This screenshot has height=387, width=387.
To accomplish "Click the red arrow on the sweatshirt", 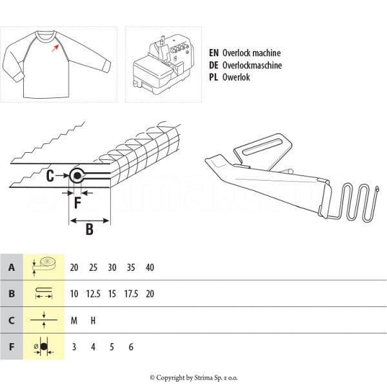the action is click(55, 48).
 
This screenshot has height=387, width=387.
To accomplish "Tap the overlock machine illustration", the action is click(163, 64).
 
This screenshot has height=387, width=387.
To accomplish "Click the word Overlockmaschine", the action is click(252, 65).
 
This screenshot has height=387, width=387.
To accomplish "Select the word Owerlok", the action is click(236, 77).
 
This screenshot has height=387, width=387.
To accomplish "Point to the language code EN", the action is click(213, 53).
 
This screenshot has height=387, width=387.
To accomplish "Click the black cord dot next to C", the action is click(77, 175).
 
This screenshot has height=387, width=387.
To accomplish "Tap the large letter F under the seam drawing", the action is click(77, 203).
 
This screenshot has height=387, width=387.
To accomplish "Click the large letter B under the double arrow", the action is click(90, 229).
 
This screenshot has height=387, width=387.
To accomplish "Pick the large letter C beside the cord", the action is click(50, 176).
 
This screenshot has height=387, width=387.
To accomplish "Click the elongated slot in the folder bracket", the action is click(262, 146).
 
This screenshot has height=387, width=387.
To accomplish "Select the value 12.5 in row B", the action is click(93, 294).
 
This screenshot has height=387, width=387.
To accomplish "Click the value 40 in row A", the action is click(150, 268).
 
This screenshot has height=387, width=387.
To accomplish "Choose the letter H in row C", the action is click(93, 321).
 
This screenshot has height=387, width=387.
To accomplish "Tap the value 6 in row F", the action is click(131, 347).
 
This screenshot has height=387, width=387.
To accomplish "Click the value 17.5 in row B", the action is click(131, 294).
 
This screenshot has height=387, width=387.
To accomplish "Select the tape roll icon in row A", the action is click(44, 266).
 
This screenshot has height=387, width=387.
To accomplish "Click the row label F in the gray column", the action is click(12, 347).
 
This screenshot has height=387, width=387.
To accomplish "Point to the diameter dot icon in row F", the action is click(44, 347).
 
